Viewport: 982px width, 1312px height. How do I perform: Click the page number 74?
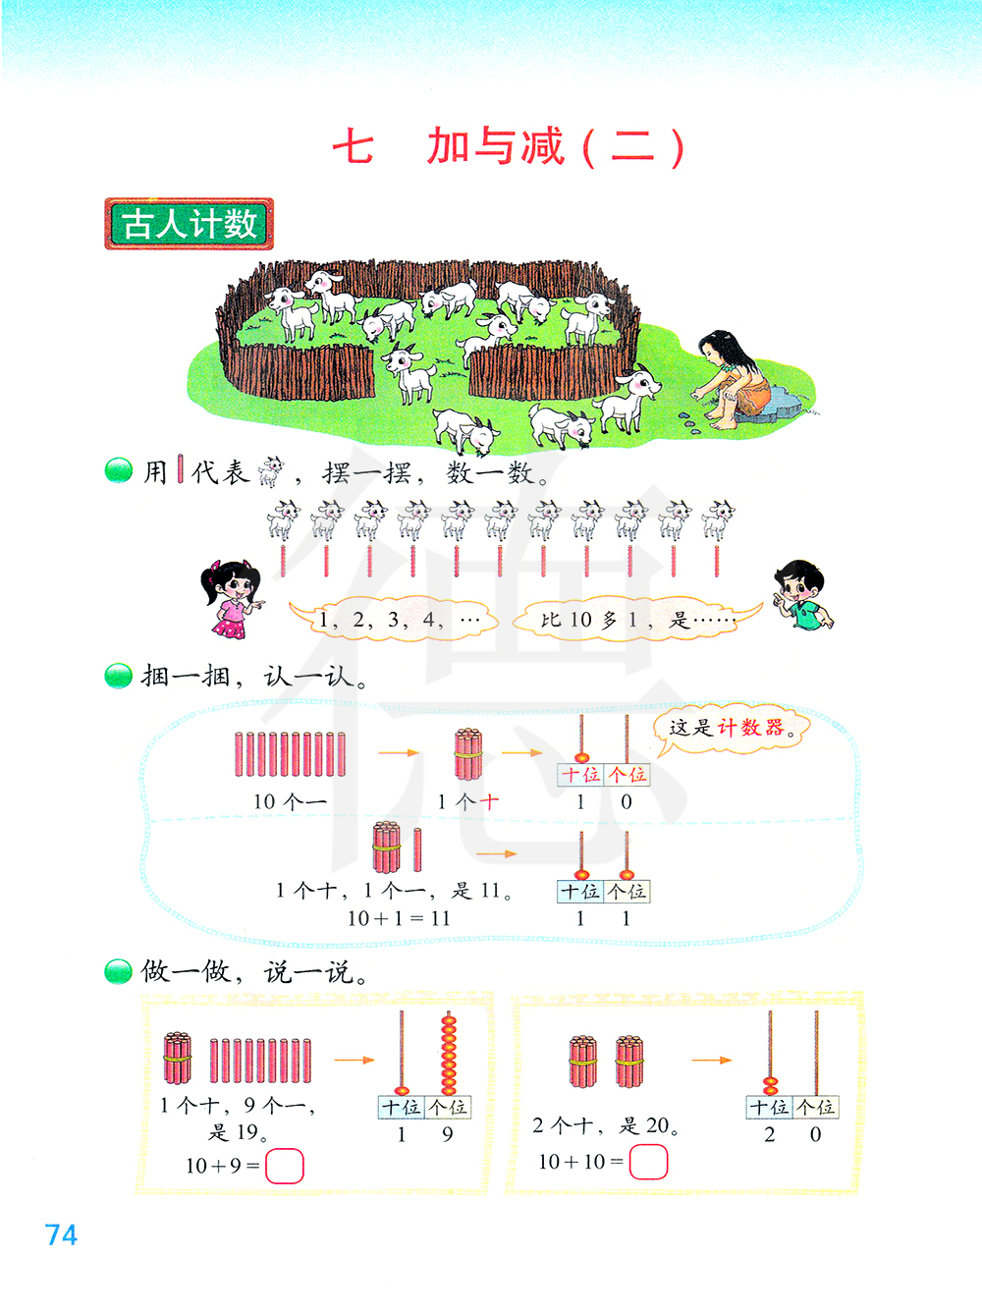click(61, 1234)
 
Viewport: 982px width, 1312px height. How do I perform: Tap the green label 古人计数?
click(189, 224)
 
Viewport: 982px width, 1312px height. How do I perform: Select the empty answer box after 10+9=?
click(284, 1167)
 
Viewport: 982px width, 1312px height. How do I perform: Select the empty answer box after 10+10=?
click(648, 1163)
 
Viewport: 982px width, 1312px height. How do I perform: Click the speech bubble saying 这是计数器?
click(729, 729)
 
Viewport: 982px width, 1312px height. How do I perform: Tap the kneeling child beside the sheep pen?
click(733, 379)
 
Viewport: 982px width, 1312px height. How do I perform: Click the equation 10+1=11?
click(399, 918)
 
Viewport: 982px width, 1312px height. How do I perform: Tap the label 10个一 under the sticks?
click(290, 801)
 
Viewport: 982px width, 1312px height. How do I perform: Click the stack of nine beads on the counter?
click(449, 1055)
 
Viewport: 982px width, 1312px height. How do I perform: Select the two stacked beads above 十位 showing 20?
click(771, 1085)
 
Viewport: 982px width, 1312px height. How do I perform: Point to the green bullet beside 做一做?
click(118, 972)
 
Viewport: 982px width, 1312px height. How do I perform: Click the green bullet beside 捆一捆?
click(118, 676)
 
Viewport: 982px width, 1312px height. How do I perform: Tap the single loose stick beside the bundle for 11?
click(417, 849)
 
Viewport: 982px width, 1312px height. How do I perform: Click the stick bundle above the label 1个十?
click(468, 754)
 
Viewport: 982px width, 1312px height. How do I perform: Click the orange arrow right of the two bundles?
click(711, 1061)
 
